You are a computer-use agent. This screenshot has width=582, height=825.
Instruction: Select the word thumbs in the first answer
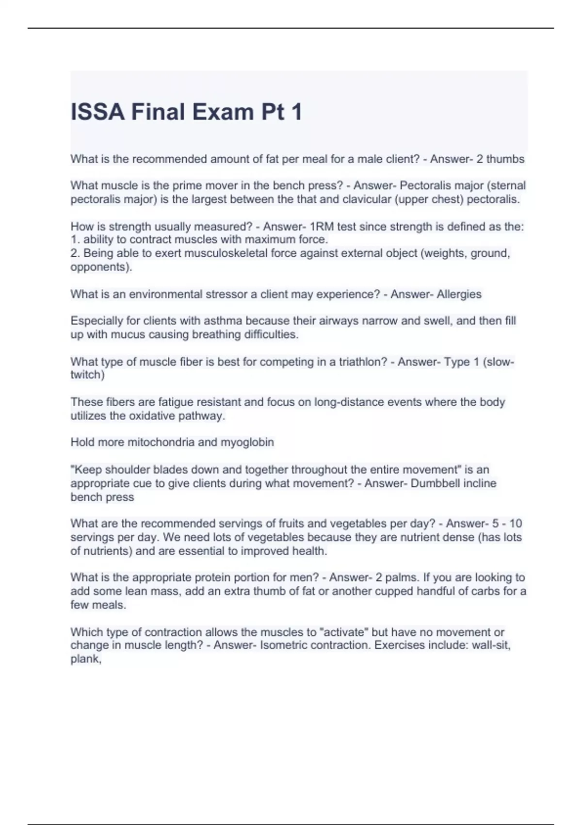505,159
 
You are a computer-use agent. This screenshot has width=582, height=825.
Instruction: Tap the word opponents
99,267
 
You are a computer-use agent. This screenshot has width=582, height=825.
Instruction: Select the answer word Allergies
459,295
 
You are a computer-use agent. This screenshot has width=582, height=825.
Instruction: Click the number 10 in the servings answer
516,524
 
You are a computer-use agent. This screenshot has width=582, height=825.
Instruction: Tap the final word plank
85,659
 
